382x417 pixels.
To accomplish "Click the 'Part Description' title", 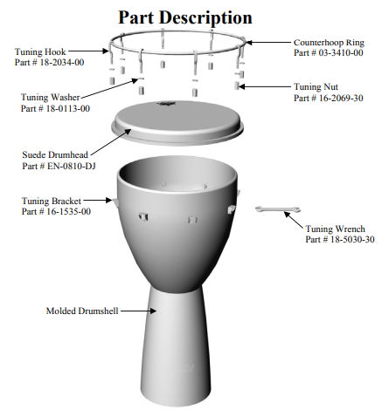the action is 185,18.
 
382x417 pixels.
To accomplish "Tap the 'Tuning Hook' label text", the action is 40,52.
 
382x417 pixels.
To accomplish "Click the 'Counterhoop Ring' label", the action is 329,43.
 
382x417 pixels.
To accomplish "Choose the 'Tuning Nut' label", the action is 316,86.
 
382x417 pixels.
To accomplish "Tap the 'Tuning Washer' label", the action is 51,97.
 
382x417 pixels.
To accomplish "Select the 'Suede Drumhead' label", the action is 55,154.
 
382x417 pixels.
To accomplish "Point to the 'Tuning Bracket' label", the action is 52,201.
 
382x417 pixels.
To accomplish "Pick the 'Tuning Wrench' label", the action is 335,229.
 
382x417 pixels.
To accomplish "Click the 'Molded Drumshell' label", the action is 82,311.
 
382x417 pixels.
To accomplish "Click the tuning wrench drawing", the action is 278,209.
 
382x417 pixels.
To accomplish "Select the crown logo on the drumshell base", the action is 183,368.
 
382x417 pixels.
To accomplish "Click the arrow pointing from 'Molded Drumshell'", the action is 138,311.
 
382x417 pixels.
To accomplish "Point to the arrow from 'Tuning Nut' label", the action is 265,86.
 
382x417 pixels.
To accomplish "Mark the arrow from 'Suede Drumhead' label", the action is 111,142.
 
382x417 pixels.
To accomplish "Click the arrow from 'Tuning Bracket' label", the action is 98,200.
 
